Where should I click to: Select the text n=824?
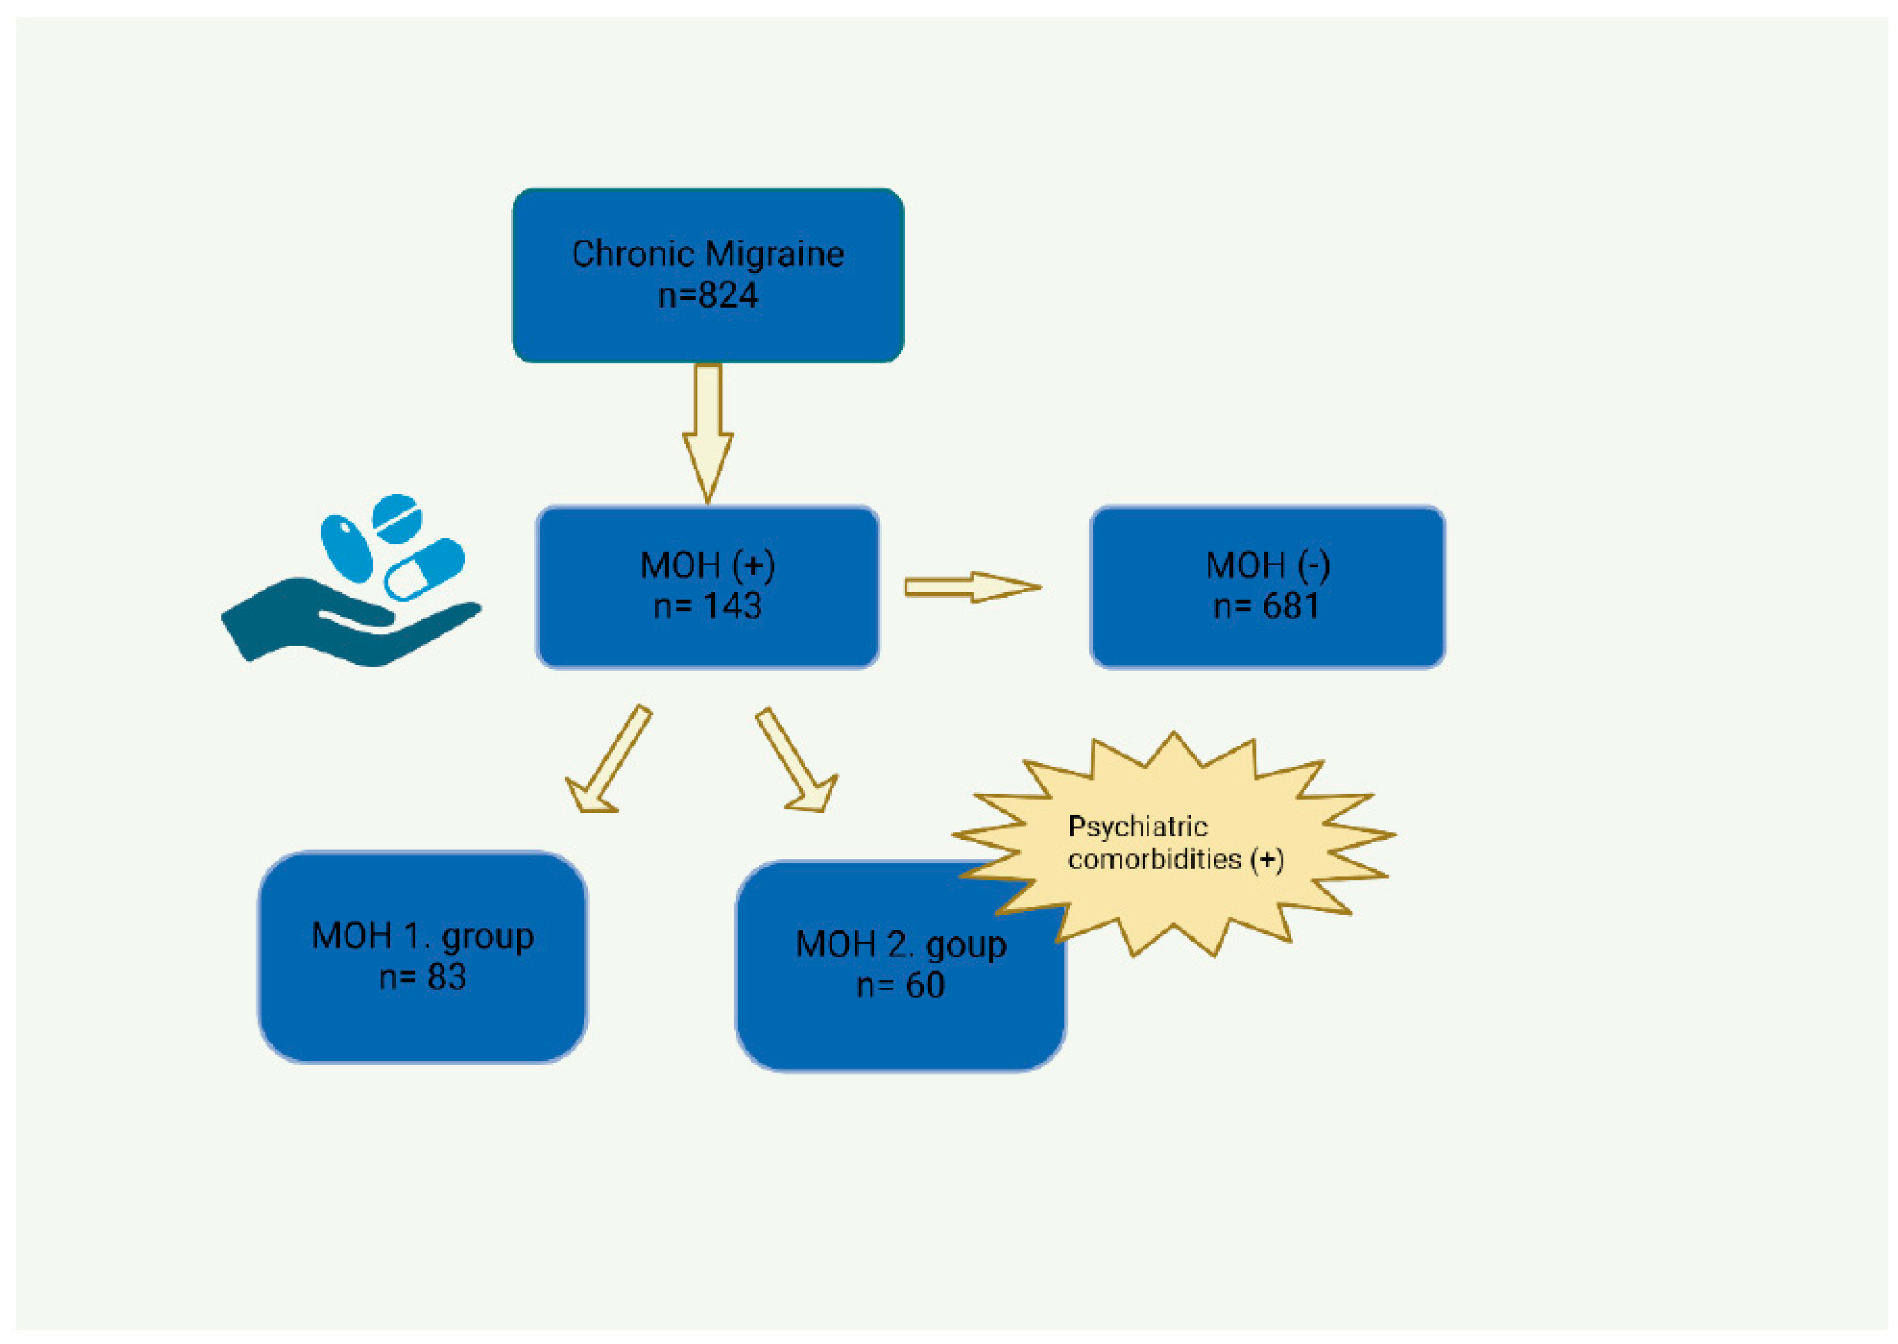707,295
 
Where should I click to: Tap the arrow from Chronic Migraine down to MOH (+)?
707,431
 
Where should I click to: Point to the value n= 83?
423,977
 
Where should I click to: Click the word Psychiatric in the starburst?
1138,826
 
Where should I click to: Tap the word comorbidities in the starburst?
1154,859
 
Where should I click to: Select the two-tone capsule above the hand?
425,569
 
